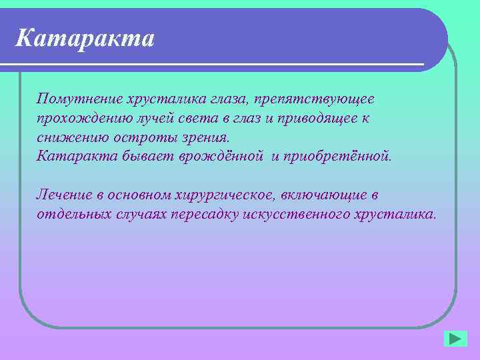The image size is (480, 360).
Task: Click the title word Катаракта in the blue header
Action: coord(85,38)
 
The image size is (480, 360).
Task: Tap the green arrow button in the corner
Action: coord(455,338)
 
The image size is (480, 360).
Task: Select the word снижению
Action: coord(64,137)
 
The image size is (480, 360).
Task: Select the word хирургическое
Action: coord(220,195)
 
